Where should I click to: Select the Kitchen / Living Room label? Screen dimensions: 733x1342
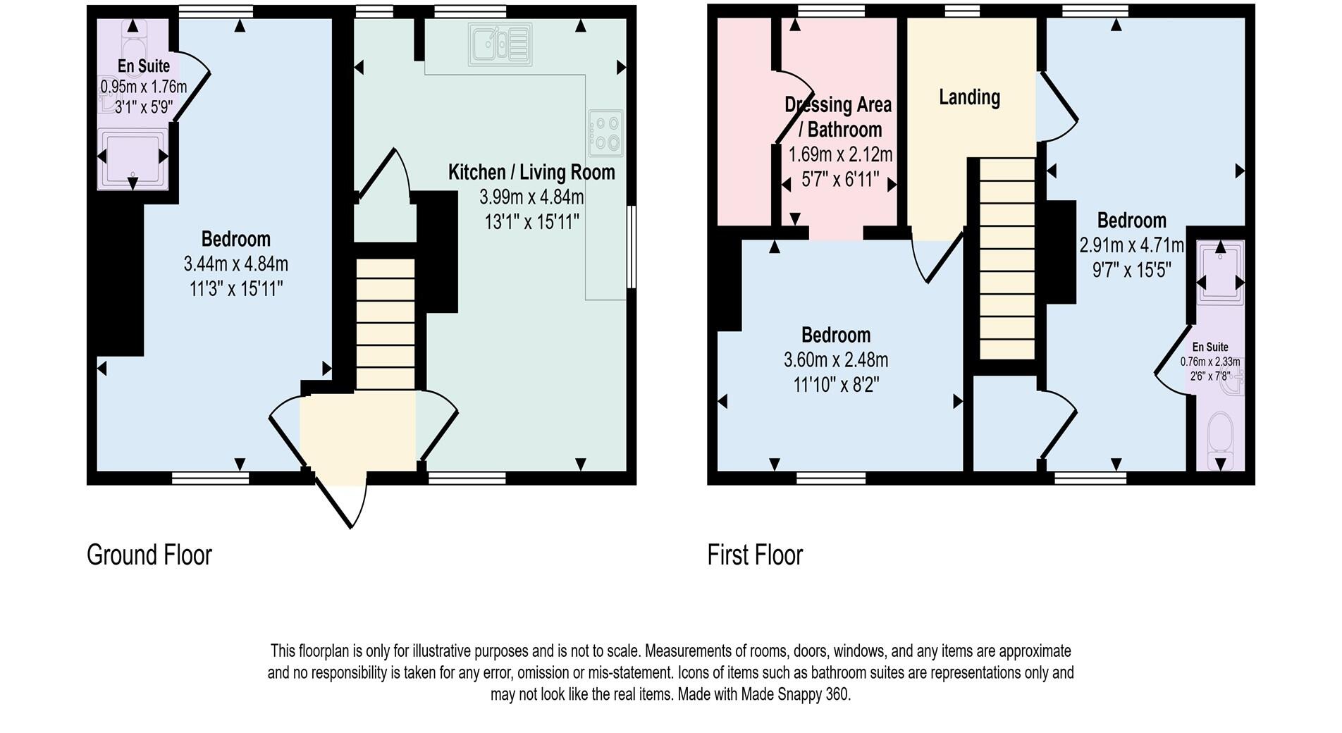click(x=531, y=173)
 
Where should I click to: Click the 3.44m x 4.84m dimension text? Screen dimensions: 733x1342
click(x=235, y=264)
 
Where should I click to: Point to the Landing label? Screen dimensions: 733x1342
click(x=969, y=97)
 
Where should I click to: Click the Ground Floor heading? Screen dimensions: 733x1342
click(x=149, y=555)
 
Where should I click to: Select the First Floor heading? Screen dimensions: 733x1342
click(x=755, y=555)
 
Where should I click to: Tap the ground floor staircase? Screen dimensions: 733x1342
click(x=385, y=324)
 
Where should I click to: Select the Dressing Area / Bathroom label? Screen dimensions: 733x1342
click(x=839, y=117)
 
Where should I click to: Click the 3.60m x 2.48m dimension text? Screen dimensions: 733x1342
click(x=836, y=360)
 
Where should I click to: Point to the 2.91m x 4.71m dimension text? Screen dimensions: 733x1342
click(x=1131, y=246)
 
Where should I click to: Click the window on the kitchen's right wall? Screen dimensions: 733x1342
click(x=632, y=247)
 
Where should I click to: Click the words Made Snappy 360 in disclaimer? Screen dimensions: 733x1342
click(x=795, y=694)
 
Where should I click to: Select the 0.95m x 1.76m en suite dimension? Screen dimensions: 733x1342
click(x=144, y=87)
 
